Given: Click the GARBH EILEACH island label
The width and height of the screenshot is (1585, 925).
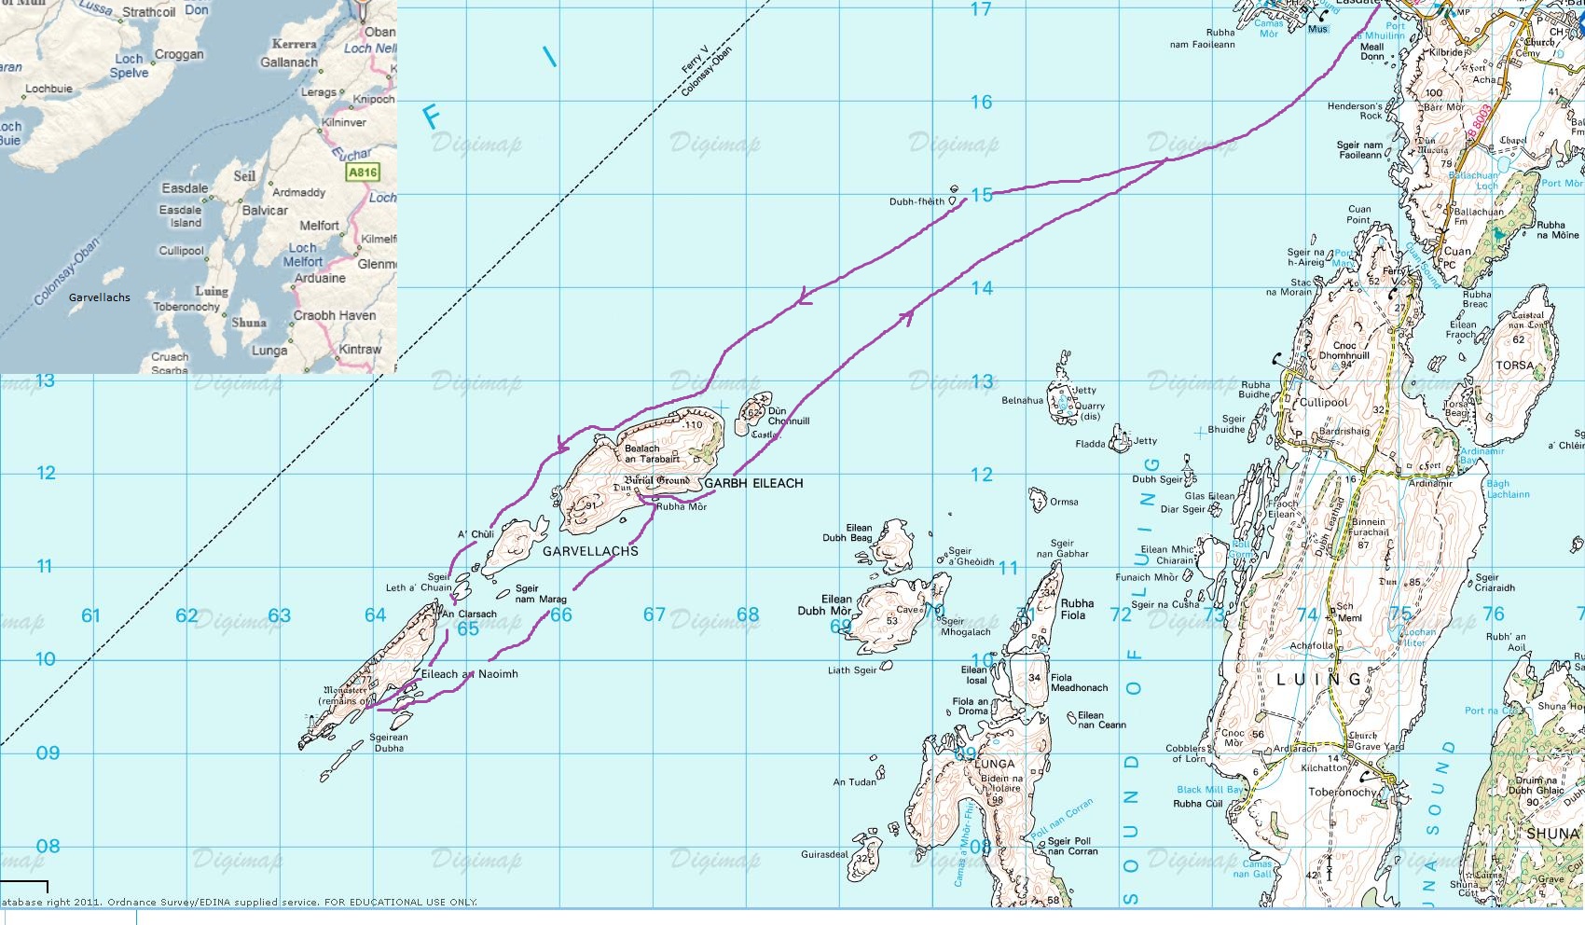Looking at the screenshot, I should click(753, 483).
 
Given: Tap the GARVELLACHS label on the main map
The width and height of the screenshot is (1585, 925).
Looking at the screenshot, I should click(590, 551).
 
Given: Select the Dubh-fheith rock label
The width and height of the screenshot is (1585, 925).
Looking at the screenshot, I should click(917, 201).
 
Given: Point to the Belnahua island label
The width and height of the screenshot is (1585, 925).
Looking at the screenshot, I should click(1022, 401).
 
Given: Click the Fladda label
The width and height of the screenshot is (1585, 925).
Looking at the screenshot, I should click(1089, 445).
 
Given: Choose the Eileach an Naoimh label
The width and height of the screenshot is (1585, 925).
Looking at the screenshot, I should click(469, 673).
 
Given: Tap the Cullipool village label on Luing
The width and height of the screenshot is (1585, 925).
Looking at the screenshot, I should click(1323, 403).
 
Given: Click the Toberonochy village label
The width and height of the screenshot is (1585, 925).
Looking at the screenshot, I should click(1342, 793).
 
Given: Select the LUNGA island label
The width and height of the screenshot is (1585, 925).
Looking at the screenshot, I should click(994, 764).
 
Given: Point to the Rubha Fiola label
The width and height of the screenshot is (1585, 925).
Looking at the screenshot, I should click(1077, 609).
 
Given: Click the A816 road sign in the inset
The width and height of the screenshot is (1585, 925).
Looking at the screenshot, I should click(362, 173).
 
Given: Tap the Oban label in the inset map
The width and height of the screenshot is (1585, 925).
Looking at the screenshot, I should click(379, 32).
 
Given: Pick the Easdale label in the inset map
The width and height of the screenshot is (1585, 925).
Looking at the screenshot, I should click(185, 188).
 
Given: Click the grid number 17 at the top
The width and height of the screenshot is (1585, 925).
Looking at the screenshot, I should click(981, 9).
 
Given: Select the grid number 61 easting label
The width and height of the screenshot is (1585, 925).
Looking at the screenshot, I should click(90, 615).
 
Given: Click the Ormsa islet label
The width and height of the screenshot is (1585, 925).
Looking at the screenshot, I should click(1064, 502).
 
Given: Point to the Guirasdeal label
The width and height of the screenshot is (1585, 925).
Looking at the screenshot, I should click(824, 854).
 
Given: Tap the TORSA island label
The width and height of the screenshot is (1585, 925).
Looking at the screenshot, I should click(1514, 366).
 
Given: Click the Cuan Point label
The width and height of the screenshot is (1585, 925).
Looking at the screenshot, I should click(1358, 214).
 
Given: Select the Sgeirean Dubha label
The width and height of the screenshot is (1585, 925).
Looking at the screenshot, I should click(389, 742).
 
